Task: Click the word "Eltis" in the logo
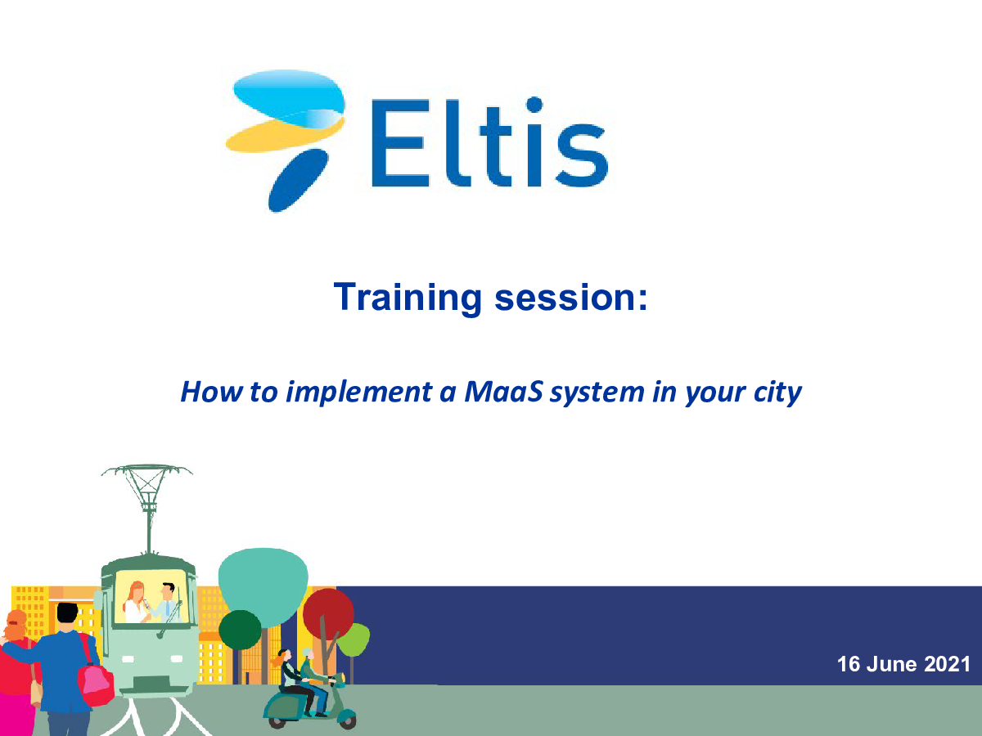[489, 141]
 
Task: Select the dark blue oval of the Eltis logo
[298, 180]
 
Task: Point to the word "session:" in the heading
[571, 298]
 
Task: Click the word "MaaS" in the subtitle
[504, 392]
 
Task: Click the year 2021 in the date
[947, 664]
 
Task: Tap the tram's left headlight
[128, 658]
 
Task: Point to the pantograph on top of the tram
[147, 509]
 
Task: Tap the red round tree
[328, 614]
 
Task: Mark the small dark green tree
[240, 630]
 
